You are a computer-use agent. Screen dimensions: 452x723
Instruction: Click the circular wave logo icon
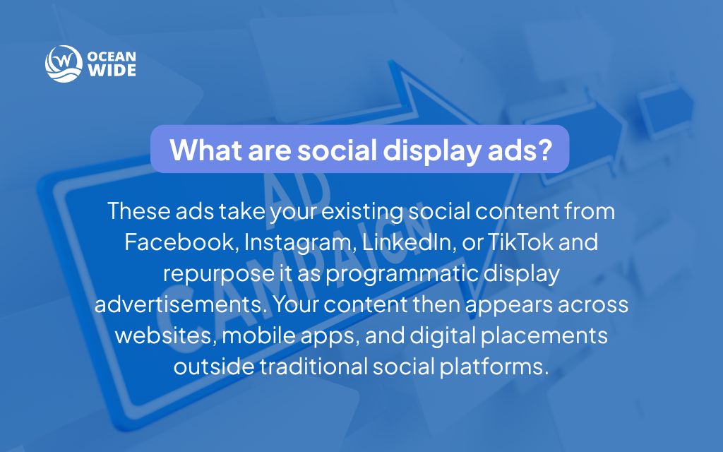pos(63,64)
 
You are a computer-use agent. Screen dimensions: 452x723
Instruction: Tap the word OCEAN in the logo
pos(112,56)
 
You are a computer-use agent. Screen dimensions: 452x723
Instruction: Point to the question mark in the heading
pos(544,150)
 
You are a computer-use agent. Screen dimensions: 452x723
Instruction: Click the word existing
pos(349,211)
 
